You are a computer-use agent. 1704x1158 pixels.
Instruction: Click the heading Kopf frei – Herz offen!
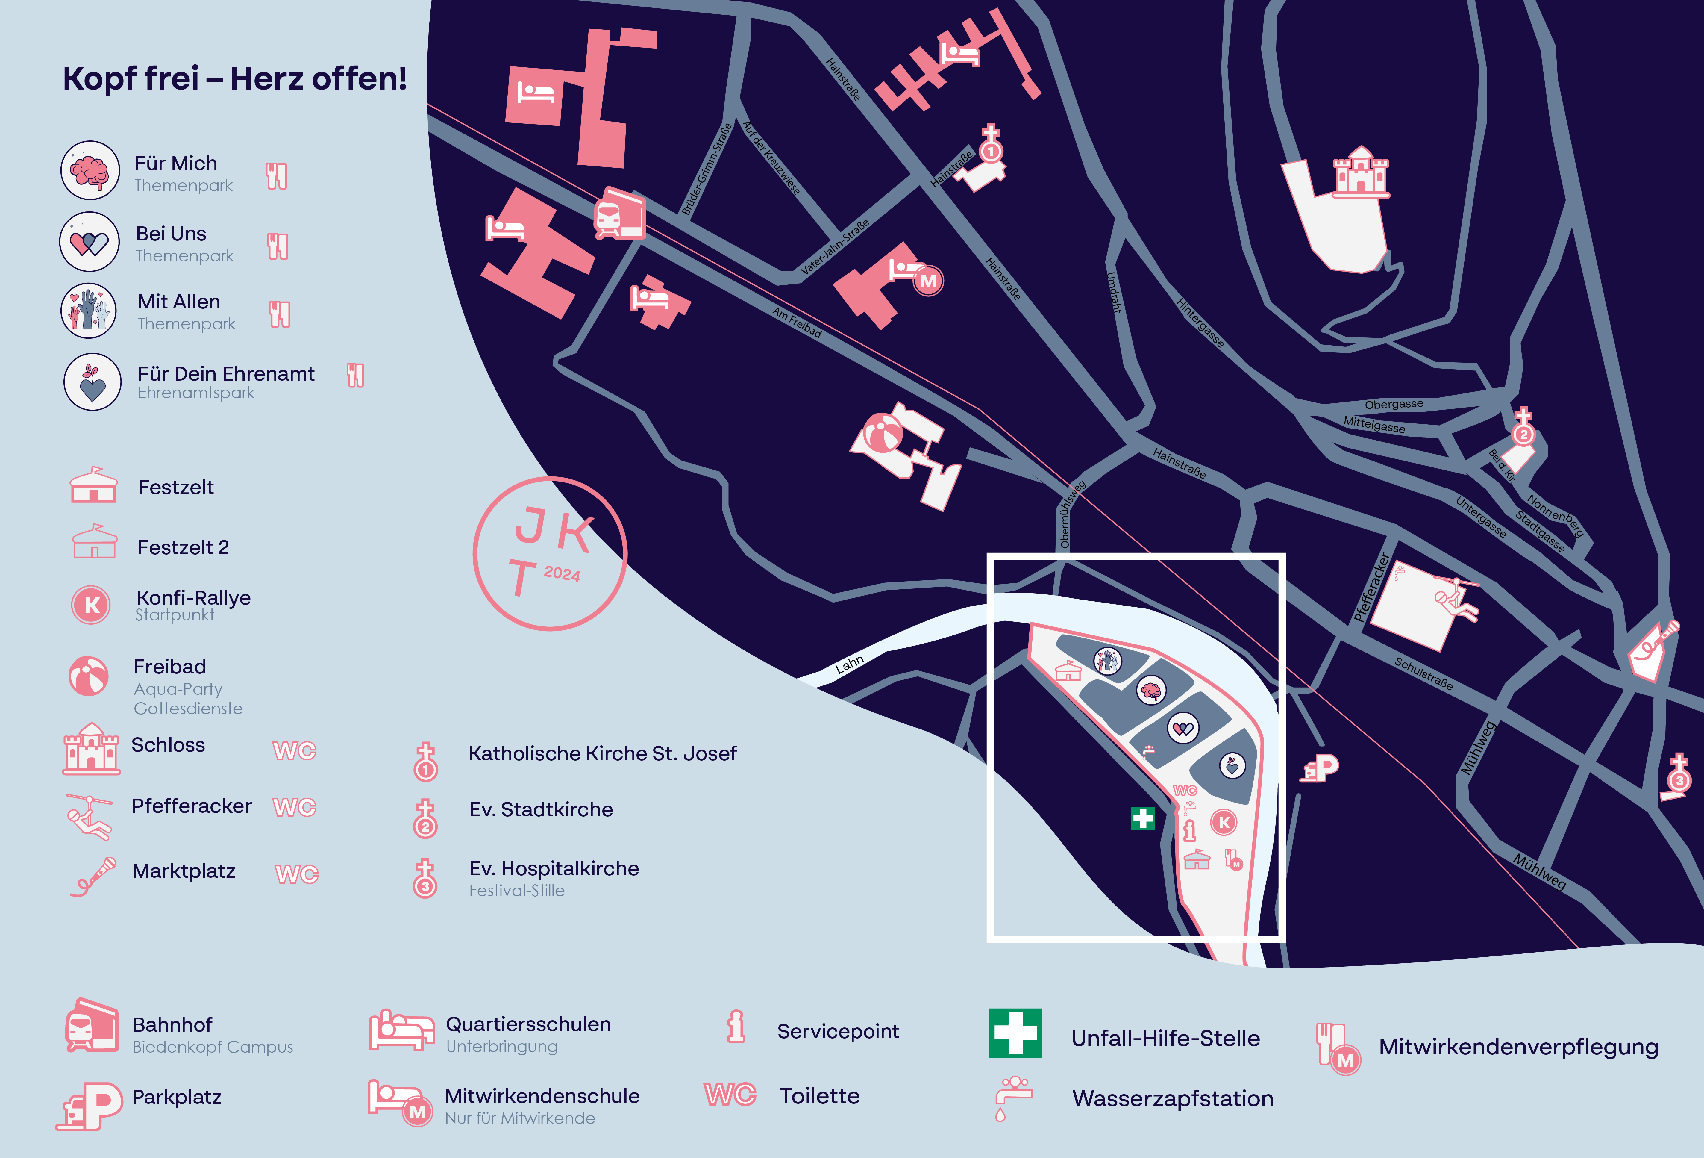[x=235, y=78]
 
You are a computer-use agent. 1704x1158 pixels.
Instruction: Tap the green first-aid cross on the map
[x=1142, y=818]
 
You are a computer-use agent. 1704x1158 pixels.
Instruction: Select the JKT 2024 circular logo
[x=550, y=554]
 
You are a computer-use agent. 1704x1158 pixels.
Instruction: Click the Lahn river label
[x=850, y=664]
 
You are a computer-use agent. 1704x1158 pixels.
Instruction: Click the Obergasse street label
[x=1393, y=404]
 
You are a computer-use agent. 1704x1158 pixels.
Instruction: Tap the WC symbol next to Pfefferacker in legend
[x=295, y=807]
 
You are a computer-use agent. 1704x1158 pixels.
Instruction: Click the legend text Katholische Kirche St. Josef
[x=602, y=753]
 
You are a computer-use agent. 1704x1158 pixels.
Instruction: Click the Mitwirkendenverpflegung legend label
[x=1518, y=1047]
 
